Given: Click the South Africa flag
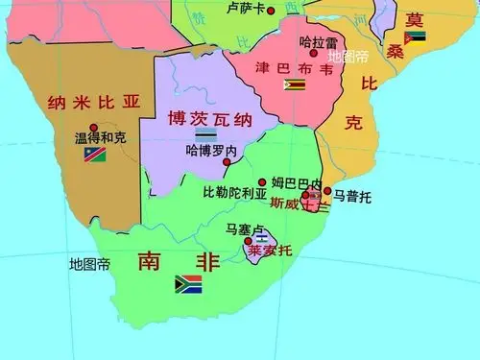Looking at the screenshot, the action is (187, 283).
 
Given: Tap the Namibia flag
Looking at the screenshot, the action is (94, 155).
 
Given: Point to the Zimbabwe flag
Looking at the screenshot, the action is (294, 84).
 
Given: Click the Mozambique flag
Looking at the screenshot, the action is (415, 37).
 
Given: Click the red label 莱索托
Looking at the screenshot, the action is (268, 252).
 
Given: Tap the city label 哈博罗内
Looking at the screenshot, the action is (211, 151).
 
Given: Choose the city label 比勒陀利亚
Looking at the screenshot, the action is (230, 192).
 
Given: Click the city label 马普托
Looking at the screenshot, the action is (352, 197).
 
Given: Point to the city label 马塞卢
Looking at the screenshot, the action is (243, 228).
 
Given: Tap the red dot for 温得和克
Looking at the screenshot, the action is (93, 127).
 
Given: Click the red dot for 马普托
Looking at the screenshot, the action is (327, 190).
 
